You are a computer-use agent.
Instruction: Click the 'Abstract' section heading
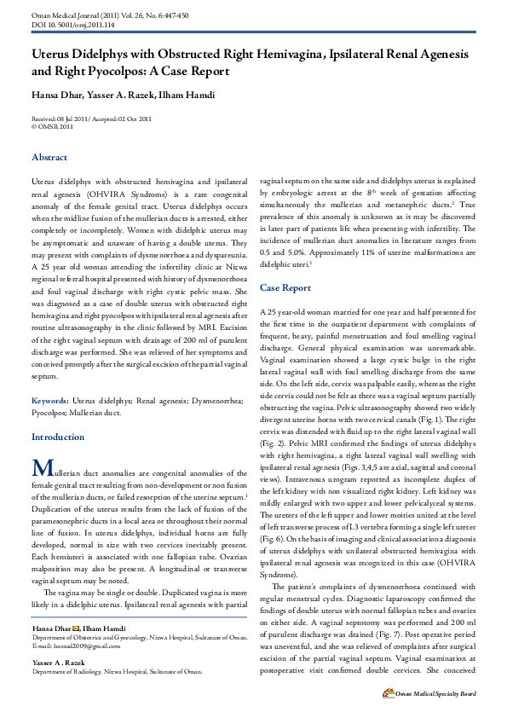(x=49, y=158)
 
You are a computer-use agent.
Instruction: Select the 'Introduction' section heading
(x=58, y=437)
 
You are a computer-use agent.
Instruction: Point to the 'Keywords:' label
(x=50, y=400)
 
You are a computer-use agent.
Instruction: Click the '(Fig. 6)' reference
(x=274, y=541)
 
